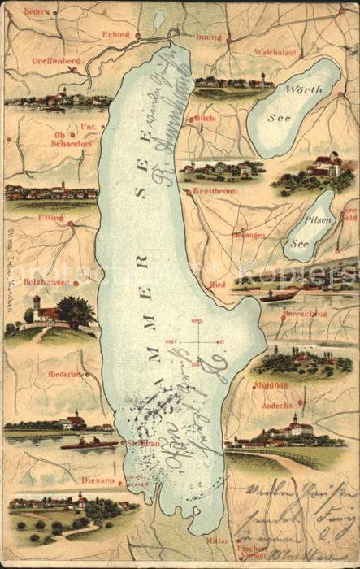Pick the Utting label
tap(50, 218)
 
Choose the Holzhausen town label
tap(45, 282)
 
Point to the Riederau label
tap(64, 375)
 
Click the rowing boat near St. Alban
tap(89, 444)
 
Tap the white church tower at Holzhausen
tap(37, 305)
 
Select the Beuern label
tap(37, 11)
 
